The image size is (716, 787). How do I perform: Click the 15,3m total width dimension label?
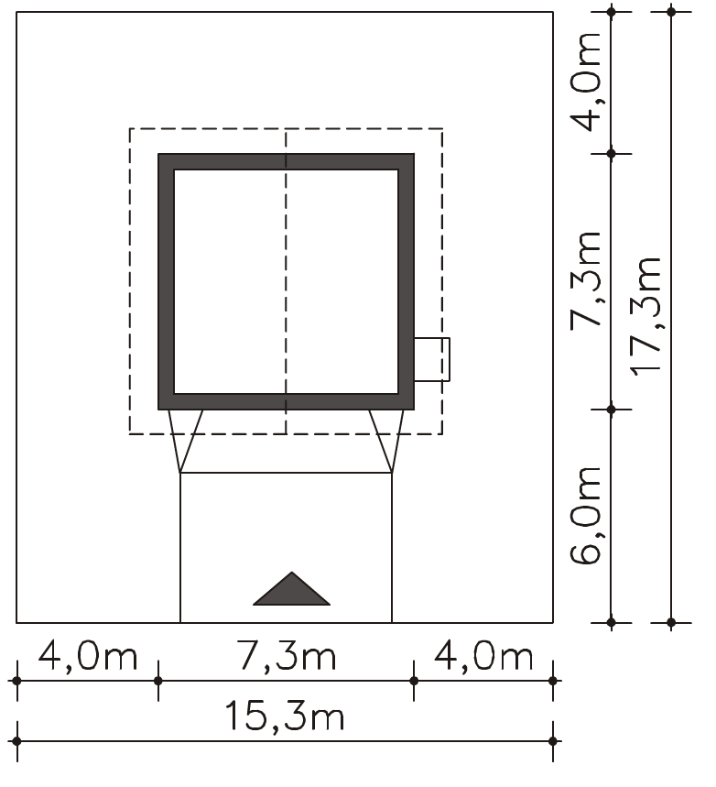pos(285,716)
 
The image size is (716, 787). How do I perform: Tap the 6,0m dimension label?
pos(586,516)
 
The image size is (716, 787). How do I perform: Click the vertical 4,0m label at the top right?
pos(586,82)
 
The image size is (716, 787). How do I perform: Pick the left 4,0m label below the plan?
pos(88,656)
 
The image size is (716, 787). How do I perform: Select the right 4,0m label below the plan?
pos(483,656)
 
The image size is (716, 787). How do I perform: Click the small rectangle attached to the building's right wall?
pos(432,359)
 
